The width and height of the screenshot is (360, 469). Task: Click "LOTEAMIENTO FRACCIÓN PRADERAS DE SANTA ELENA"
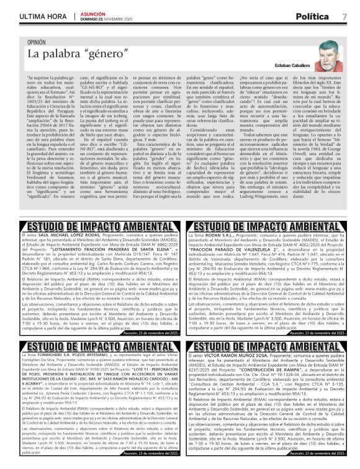pyautogui.click(x=101, y=251)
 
